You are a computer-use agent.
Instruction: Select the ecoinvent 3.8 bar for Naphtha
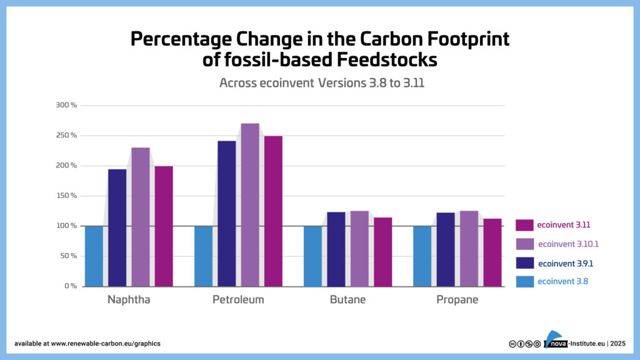click(94, 256)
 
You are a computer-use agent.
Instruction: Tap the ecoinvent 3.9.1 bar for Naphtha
click(117, 228)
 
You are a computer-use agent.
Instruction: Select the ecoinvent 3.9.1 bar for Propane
click(445, 249)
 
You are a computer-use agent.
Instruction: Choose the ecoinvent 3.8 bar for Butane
click(312, 256)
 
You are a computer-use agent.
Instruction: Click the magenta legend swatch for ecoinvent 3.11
click(524, 225)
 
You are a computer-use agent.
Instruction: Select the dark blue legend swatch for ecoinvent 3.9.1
click(524, 263)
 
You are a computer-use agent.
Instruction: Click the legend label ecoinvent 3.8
click(562, 282)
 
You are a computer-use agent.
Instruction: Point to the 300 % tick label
click(66, 105)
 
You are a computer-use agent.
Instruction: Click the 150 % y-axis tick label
click(66, 196)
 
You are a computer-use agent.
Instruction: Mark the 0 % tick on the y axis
click(69, 286)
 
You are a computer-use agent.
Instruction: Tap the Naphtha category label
click(129, 300)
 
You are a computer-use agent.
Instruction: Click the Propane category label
click(457, 300)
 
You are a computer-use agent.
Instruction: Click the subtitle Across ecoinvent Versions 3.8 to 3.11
click(322, 83)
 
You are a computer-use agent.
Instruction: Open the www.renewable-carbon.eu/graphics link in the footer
click(106, 344)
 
